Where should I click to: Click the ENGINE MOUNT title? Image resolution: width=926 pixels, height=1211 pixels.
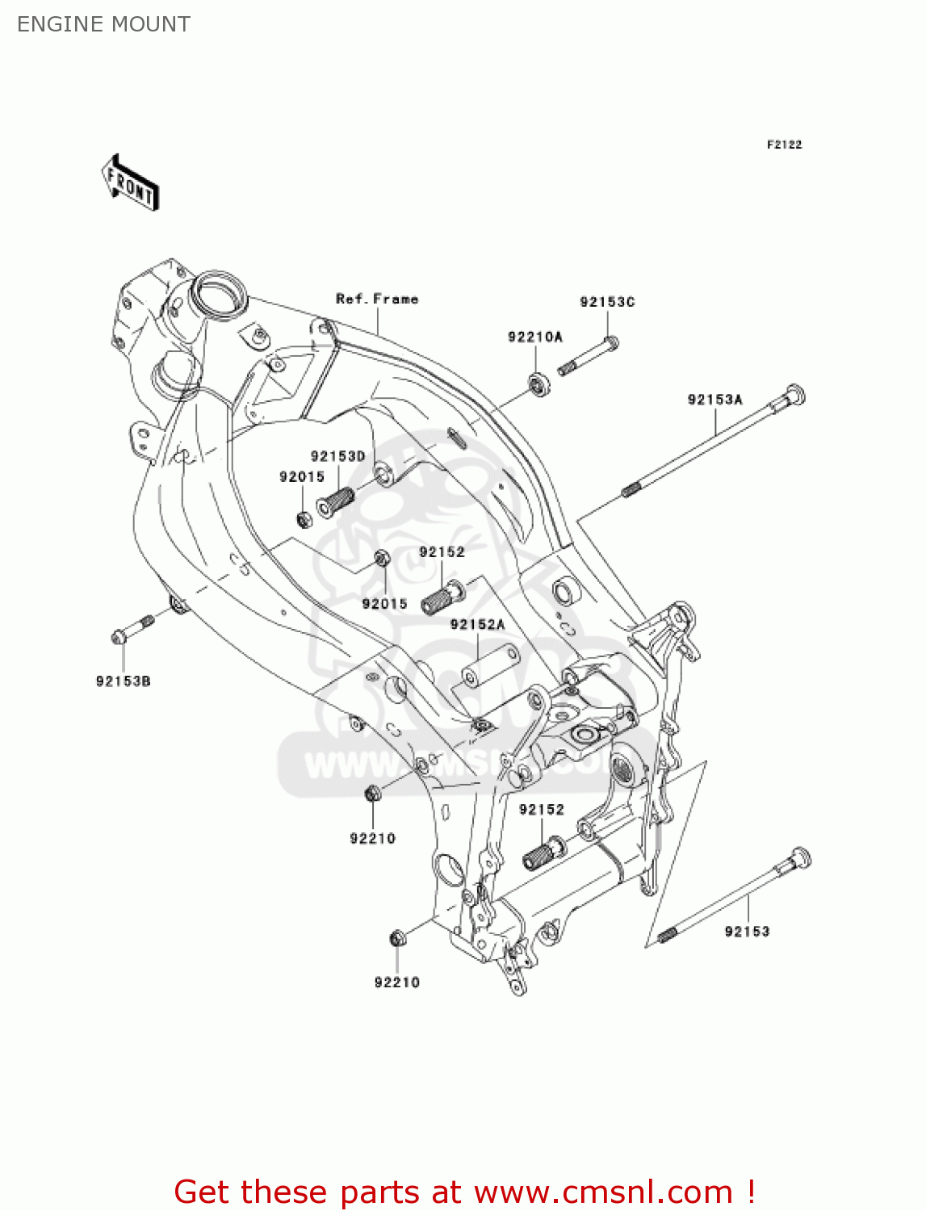pyautogui.click(x=103, y=24)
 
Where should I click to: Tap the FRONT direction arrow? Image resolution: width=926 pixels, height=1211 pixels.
pyautogui.click(x=130, y=183)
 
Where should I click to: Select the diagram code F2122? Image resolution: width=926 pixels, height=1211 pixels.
pyautogui.click(x=784, y=145)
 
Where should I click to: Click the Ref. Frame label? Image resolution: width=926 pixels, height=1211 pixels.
pyautogui.click(x=377, y=299)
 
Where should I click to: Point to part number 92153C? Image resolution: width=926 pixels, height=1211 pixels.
pyautogui.click(x=607, y=302)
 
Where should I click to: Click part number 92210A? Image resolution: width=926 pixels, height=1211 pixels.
pyautogui.click(x=534, y=337)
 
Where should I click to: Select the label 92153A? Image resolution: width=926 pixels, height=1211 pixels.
pyautogui.click(x=714, y=400)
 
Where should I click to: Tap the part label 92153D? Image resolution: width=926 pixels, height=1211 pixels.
pyautogui.click(x=337, y=456)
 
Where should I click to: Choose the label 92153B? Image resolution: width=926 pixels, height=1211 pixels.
pyautogui.click(x=123, y=681)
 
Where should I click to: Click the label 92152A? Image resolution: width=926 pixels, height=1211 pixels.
pyautogui.click(x=477, y=624)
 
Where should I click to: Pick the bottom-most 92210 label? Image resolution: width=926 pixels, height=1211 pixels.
pyautogui.click(x=397, y=983)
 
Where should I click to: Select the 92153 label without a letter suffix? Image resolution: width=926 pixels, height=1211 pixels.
pyautogui.click(x=747, y=932)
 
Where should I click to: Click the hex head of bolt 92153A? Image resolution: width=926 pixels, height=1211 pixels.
pyautogui.click(x=793, y=396)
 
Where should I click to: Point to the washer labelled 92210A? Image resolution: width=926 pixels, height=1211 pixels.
pyautogui.click(x=538, y=383)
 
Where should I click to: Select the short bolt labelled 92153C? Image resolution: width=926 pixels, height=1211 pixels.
pyautogui.click(x=588, y=355)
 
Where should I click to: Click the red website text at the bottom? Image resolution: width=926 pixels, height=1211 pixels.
pyautogui.click(x=464, y=1192)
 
